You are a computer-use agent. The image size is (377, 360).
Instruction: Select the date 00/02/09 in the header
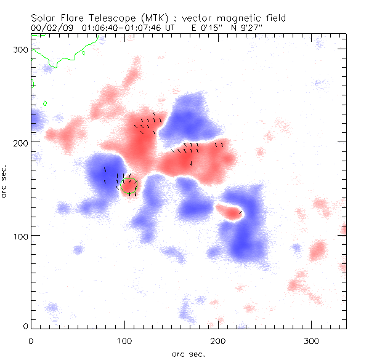[51, 28]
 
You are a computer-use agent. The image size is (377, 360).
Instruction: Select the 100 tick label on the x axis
[125, 340]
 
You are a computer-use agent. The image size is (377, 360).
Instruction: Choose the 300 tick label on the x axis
[312, 340]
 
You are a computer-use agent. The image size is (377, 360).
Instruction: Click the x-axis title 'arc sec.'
[188, 353]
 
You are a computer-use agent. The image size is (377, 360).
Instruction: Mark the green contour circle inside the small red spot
[129, 186]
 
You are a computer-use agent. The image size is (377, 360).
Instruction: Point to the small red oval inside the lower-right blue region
[231, 213]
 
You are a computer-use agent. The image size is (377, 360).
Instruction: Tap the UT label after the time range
[177, 28]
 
